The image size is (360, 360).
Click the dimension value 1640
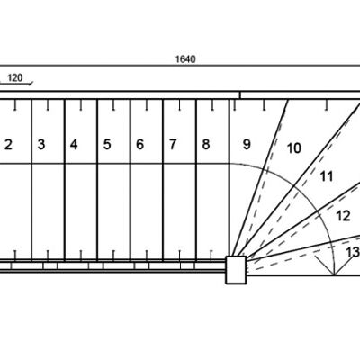(185, 59)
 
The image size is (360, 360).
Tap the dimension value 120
(15, 78)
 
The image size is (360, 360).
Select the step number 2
(8, 145)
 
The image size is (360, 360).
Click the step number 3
(41, 145)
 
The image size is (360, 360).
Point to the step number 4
(74, 145)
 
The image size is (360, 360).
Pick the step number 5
(107, 145)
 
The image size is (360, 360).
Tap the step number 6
(139, 145)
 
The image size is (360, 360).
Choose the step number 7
(173, 145)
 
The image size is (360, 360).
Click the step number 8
(206, 145)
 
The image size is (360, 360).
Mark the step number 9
(247, 145)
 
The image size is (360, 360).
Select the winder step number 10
(294, 148)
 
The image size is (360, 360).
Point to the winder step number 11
(327, 176)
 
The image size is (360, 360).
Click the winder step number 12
(343, 216)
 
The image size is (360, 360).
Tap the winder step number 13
(353, 252)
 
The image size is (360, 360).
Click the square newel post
(236, 270)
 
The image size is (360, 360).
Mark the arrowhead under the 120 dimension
(31, 83)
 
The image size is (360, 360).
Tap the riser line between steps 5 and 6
(130, 179)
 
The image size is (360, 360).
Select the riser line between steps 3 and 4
(65, 179)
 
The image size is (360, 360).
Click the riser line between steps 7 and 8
(196, 179)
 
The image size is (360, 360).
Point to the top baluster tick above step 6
(147, 105)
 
